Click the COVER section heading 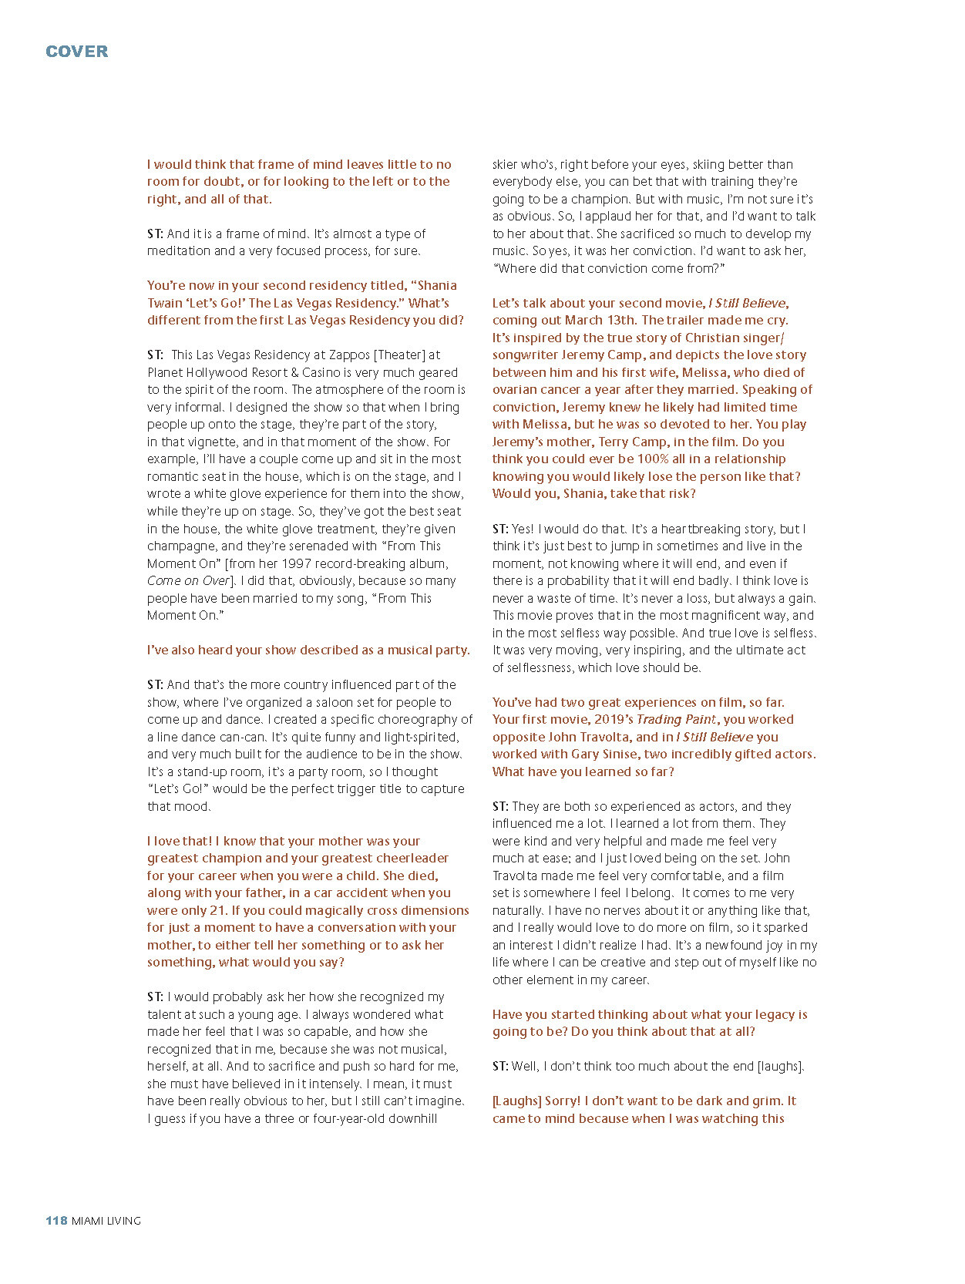[77, 52]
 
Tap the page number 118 [56, 1221]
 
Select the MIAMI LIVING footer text [106, 1221]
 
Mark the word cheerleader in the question [412, 859]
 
